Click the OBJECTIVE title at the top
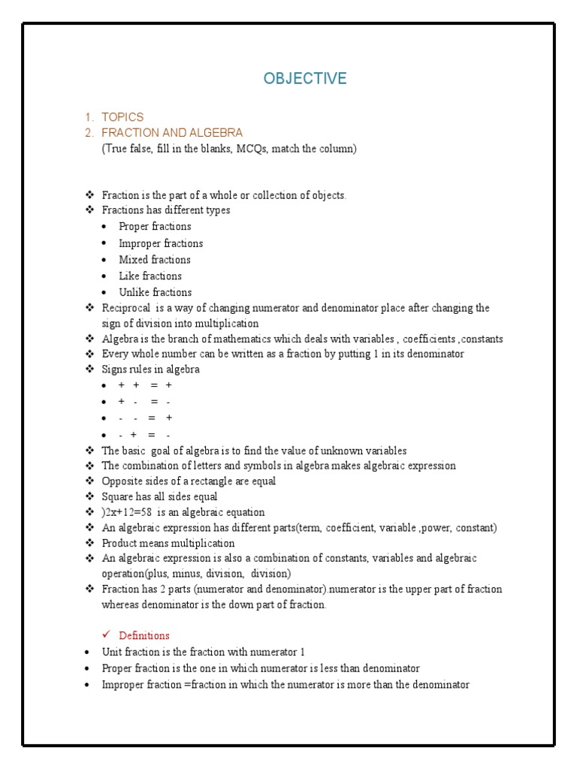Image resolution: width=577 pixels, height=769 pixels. point(305,79)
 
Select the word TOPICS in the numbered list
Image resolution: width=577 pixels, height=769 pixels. point(122,117)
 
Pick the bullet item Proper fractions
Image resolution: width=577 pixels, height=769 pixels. point(155,227)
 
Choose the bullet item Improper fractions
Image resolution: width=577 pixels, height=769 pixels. point(161,243)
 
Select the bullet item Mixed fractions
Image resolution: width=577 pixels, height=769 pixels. point(155,260)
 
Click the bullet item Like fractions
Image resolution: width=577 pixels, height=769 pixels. point(150,276)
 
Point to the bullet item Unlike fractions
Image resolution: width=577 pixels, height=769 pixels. point(156,293)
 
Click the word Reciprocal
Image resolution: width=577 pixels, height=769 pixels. point(126,308)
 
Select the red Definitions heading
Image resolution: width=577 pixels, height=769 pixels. point(144,635)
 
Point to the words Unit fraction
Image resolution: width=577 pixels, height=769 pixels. point(132,652)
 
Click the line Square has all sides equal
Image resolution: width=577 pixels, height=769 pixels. point(159,496)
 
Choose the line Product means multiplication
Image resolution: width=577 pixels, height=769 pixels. point(168,543)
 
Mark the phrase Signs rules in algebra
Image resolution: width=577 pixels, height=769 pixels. point(151,369)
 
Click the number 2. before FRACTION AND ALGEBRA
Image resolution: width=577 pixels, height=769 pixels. point(89,133)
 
